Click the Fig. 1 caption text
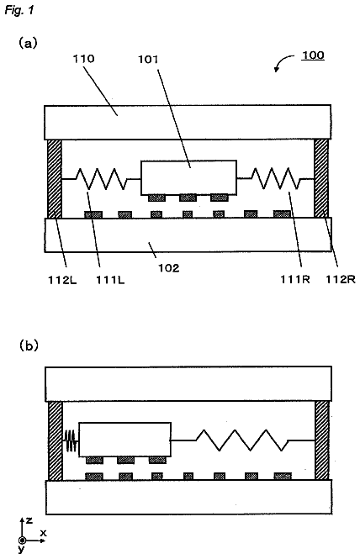coord(19,9)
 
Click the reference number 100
coord(313,55)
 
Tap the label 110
coord(83,58)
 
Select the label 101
coord(148,59)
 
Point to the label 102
coord(168,267)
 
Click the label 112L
coord(62,280)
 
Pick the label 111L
coord(110,280)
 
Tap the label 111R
coord(294,279)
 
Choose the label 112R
coord(341,279)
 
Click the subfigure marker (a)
coord(28,43)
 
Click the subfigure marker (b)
coord(29,345)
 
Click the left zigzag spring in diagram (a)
coord(101,179)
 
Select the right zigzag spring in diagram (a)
coord(275,178)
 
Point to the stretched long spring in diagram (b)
coord(242,440)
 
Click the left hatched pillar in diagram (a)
coord(55,178)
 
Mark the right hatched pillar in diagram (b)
coord(322,440)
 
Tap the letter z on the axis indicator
coord(29,520)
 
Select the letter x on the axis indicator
coord(44,533)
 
